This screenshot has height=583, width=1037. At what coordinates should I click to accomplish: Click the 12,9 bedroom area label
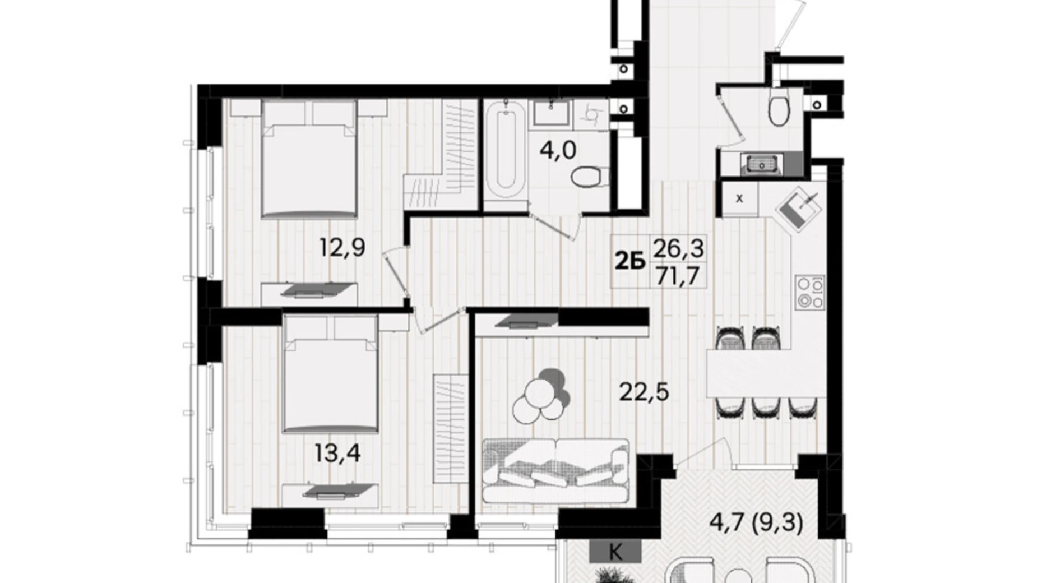[x=342, y=247]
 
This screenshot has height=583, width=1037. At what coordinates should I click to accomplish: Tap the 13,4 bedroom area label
[x=337, y=453]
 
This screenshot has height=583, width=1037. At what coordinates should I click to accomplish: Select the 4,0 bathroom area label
[x=558, y=150]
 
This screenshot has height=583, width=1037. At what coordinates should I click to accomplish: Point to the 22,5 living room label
[x=644, y=392]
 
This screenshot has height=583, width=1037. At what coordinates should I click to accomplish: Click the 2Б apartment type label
[x=631, y=261]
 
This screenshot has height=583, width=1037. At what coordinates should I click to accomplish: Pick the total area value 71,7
[x=678, y=276]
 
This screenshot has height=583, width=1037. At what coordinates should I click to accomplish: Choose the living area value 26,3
[x=678, y=247]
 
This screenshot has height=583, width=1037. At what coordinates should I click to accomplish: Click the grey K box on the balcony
[x=615, y=552]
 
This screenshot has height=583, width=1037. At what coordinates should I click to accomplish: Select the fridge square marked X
[x=739, y=198]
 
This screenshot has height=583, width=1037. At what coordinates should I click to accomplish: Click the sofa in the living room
[x=555, y=470]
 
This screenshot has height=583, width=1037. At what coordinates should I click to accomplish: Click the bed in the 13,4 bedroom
[x=330, y=376]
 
